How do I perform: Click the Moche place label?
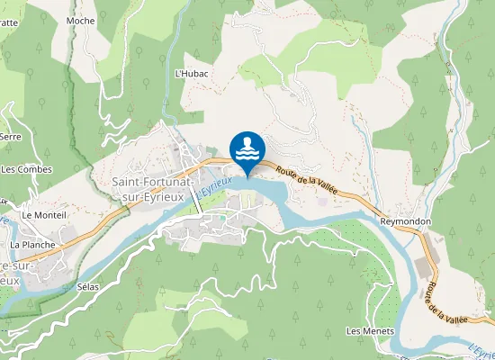pos(80,20)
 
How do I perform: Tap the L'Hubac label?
pos(190,73)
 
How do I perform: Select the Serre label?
pos(11,136)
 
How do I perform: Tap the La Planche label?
pos(32,244)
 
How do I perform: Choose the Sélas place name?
pos(87,286)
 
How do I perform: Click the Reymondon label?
pos(405,221)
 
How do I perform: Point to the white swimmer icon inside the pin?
pos(247,147)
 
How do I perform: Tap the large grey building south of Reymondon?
pos(422,267)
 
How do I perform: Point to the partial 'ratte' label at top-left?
pos(9,22)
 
